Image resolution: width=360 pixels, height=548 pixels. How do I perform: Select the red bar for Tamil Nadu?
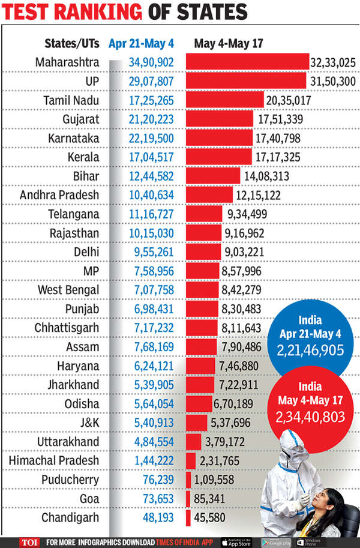(225, 100)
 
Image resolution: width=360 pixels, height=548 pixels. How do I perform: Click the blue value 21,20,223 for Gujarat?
(151, 119)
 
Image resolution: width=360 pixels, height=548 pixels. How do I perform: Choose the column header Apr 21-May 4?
(142, 43)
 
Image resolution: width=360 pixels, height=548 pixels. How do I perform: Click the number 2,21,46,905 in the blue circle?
(311, 349)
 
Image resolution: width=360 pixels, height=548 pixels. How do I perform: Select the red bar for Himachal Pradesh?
(191, 460)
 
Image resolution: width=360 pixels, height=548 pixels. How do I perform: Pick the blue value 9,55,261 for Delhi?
(151, 251)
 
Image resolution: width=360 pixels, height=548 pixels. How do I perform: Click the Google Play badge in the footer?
(273, 540)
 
